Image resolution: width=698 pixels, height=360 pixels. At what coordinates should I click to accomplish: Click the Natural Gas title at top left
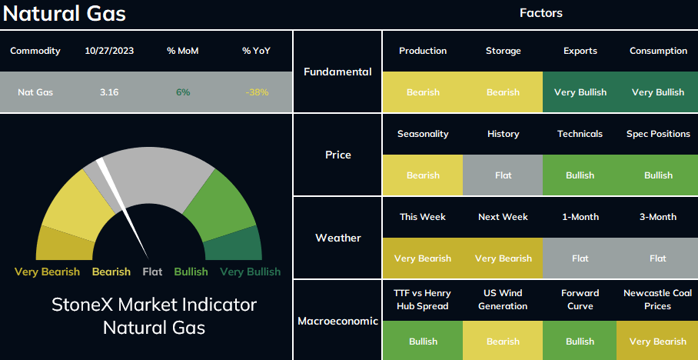[x=65, y=13]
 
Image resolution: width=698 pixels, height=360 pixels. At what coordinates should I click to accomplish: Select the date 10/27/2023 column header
[x=109, y=51]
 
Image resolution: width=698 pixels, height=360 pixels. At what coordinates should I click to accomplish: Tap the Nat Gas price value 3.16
[x=109, y=92]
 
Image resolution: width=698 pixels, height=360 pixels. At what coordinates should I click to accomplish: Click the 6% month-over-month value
[x=182, y=92]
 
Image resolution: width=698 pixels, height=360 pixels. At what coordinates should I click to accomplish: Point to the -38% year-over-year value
[x=257, y=92]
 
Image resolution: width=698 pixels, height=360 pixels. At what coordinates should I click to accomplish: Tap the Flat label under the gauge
[x=152, y=272]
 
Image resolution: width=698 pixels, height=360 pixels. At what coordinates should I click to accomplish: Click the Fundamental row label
[x=337, y=72]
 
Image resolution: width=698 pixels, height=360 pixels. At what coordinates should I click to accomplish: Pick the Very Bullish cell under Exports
[x=580, y=92]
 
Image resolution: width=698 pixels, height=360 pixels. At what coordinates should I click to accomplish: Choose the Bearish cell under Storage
[x=503, y=92]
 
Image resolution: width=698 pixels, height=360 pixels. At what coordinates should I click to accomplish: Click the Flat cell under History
[x=503, y=175]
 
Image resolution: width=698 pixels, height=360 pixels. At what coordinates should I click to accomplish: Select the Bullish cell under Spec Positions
[x=658, y=175]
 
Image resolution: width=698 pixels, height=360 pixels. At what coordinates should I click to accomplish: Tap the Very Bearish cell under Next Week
[x=503, y=258]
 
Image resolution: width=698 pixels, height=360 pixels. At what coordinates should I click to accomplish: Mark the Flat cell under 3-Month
[x=658, y=258]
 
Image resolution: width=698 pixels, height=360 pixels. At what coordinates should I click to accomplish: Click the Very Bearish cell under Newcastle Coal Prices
[x=658, y=342]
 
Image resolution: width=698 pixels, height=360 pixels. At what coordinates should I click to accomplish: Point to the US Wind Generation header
[x=503, y=299]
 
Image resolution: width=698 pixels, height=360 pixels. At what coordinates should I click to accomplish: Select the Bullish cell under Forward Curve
[x=580, y=342]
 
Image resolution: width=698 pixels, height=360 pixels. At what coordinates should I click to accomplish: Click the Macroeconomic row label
[x=337, y=321]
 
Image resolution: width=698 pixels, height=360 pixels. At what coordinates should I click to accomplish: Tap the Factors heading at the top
[x=541, y=13]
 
